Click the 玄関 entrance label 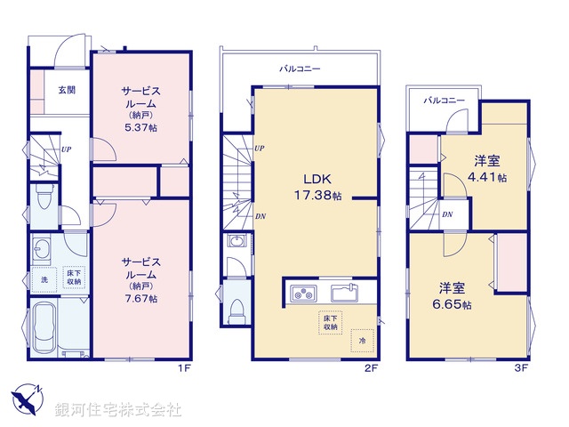pos(67,90)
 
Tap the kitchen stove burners pos(302,293)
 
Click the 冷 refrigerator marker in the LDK pos(361,339)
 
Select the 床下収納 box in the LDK pos(329,323)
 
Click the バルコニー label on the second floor pos(300,68)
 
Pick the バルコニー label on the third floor pos(444,101)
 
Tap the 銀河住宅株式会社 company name pos(118,410)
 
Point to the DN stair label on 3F pos(447,214)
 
